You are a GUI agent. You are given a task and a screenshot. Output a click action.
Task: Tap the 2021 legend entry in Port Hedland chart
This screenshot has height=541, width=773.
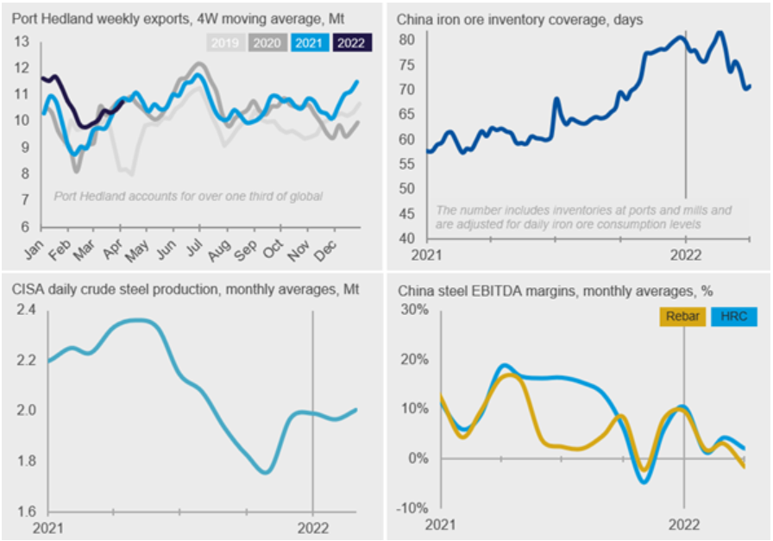(x=310, y=41)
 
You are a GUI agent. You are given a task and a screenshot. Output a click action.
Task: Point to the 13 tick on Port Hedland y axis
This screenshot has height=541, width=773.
(x=22, y=41)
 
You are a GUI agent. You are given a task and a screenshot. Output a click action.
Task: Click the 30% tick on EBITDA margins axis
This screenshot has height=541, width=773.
(x=418, y=311)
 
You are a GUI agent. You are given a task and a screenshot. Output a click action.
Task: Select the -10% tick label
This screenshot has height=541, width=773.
(x=417, y=507)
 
